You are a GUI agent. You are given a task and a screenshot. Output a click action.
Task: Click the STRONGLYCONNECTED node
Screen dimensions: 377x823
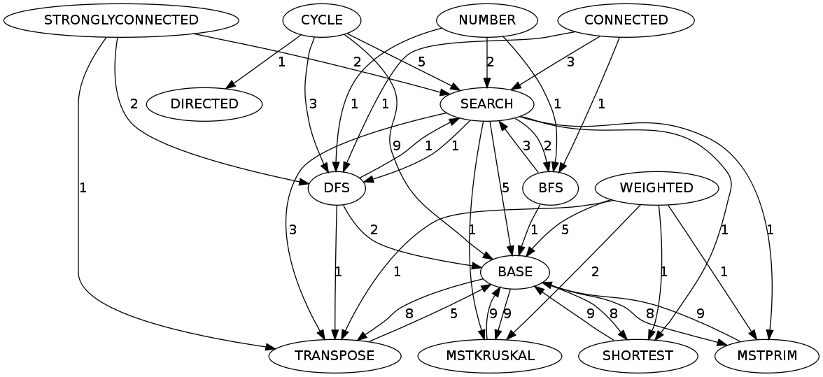[121, 20]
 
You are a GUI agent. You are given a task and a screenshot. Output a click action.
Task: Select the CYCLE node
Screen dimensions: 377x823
[321, 20]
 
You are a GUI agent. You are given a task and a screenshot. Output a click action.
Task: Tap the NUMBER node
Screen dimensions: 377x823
[487, 20]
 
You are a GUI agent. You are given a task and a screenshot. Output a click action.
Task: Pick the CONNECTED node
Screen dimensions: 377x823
[626, 20]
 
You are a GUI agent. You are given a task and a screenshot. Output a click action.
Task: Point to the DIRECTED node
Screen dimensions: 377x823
[204, 104]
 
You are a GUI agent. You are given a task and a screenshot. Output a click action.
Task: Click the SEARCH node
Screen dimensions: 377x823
[487, 104]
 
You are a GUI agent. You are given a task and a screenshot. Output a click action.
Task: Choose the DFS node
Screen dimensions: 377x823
[337, 187]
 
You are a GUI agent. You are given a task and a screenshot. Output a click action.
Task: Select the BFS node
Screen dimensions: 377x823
[551, 187]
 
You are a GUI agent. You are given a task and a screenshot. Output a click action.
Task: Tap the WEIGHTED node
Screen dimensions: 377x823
[656, 187]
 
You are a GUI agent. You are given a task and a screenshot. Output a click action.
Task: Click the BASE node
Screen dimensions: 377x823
[515, 271]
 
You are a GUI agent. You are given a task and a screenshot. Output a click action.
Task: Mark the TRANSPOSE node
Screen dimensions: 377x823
[335, 355]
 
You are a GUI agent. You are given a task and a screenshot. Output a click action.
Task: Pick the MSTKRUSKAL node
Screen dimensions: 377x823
[489, 355]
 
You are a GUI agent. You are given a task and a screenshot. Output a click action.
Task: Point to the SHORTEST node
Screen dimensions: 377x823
[637, 355]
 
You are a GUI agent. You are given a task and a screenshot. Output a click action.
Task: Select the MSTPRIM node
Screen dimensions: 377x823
[767, 355]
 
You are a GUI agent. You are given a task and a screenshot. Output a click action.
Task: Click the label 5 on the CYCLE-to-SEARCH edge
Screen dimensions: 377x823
[421, 62]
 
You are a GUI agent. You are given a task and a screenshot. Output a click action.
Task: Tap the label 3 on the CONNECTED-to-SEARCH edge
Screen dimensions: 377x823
[570, 62]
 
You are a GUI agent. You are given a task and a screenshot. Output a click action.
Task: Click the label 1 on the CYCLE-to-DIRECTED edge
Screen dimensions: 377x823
[281, 62]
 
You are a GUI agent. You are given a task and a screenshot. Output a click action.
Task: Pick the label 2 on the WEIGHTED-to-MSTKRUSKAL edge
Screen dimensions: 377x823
[595, 271]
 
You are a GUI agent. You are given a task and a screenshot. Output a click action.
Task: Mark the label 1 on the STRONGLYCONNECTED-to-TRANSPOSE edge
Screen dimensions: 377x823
[83, 187]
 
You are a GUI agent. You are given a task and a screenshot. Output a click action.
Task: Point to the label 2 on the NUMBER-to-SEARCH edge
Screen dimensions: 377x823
[490, 62]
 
